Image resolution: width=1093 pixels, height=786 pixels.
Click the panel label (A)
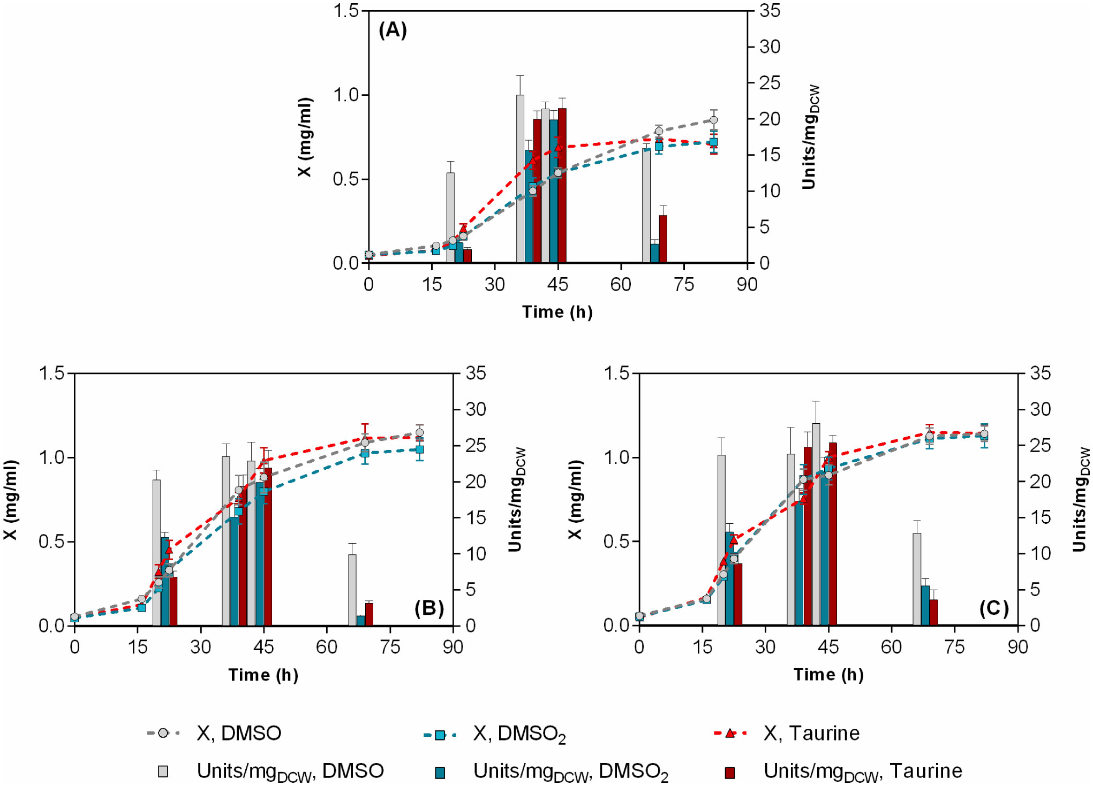click(393, 30)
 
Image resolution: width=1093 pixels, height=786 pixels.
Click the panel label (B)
click(429, 608)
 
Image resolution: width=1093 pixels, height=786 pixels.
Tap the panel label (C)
click(994, 608)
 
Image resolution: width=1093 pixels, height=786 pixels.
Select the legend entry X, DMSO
click(238, 733)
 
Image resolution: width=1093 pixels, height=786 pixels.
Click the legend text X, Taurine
click(811, 733)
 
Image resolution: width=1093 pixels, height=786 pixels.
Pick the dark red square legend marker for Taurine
click(729, 772)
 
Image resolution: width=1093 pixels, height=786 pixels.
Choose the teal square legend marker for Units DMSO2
click(440, 772)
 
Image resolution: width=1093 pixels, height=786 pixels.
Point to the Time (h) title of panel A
click(557, 312)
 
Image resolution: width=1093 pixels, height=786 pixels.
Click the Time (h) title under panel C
click(828, 675)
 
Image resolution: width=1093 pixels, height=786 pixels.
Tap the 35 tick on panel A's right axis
click(770, 11)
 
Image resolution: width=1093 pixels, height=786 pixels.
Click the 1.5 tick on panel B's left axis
click(51, 373)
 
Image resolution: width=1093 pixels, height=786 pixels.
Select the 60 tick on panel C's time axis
click(891, 647)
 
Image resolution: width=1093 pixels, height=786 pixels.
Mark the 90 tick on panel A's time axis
click(747, 284)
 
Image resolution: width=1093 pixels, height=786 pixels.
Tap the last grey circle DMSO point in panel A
click(713, 120)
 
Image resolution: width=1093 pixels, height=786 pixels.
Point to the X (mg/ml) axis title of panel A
click(305, 137)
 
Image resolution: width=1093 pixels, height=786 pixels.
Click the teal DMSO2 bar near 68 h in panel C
click(925, 605)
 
